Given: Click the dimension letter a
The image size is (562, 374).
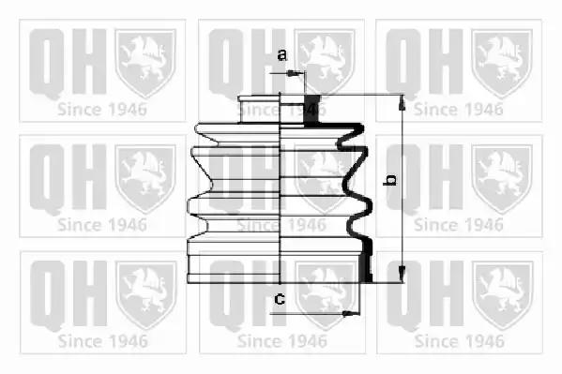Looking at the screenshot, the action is tap(282, 55).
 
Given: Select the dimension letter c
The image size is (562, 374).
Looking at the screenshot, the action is tap(280, 298).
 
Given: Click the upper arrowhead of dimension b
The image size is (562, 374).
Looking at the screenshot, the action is tap(402, 102).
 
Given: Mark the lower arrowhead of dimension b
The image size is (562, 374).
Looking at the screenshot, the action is tap(402, 275).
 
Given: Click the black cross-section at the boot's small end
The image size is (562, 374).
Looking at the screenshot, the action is tap(311, 111).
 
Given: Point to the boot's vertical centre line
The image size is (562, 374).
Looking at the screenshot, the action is tap(280, 188).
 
